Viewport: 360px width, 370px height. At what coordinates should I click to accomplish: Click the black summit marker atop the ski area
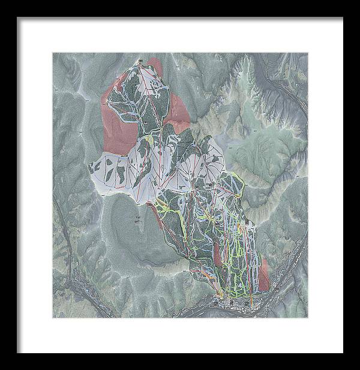tap(140, 61)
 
